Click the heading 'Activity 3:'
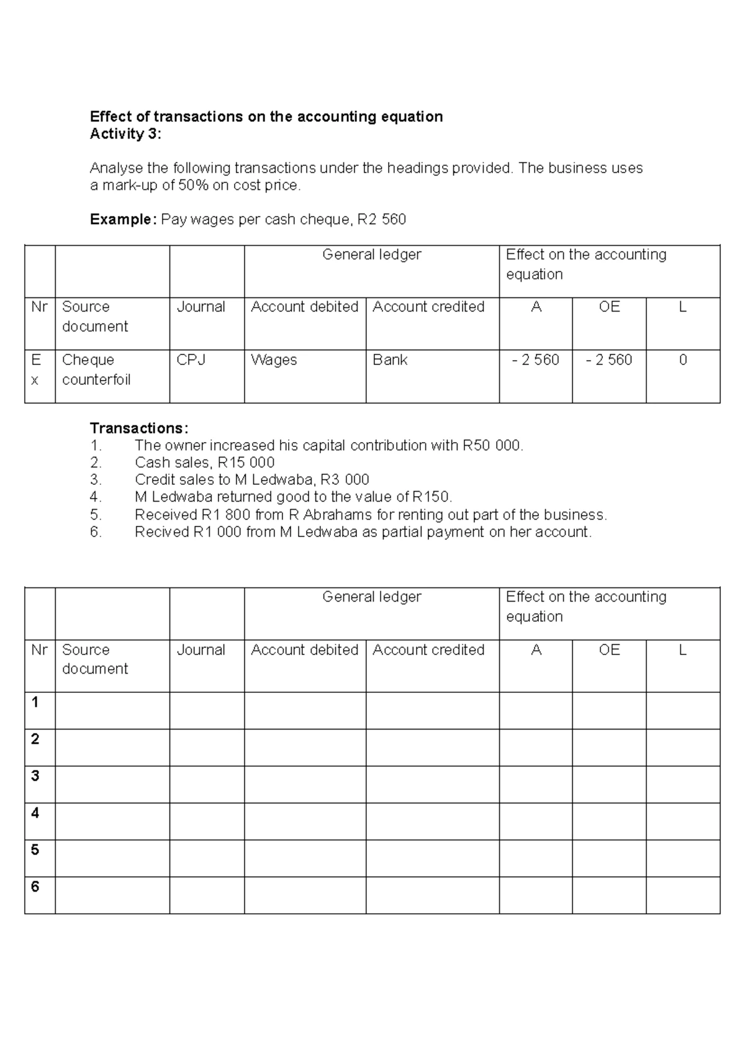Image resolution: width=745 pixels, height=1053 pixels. pyautogui.click(x=125, y=134)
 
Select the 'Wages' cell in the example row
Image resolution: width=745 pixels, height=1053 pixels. pyautogui.click(x=274, y=360)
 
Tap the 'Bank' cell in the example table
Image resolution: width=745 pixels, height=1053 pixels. pyautogui.click(x=390, y=360)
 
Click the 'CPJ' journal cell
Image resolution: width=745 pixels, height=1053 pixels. pyautogui.click(x=191, y=360)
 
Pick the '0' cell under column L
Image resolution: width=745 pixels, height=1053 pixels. pyautogui.click(x=683, y=360)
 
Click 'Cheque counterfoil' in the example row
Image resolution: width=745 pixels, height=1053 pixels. pyautogui.click(x=96, y=370)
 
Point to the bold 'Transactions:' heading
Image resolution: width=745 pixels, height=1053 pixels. pyautogui.click(x=138, y=428)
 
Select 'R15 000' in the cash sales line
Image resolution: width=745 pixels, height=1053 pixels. pyautogui.click(x=246, y=463)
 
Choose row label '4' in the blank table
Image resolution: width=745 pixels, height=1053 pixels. pyautogui.click(x=35, y=813)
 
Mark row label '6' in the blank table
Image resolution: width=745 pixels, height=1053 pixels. pyautogui.click(x=35, y=887)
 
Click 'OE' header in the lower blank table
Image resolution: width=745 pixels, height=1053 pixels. pyautogui.click(x=609, y=650)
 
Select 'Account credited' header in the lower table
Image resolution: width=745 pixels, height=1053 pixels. pyautogui.click(x=428, y=650)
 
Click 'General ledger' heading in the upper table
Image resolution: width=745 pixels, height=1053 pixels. pyautogui.click(x=371, y=255)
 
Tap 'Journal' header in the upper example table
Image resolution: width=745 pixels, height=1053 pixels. pyautogui.click(x=201, y=307)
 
